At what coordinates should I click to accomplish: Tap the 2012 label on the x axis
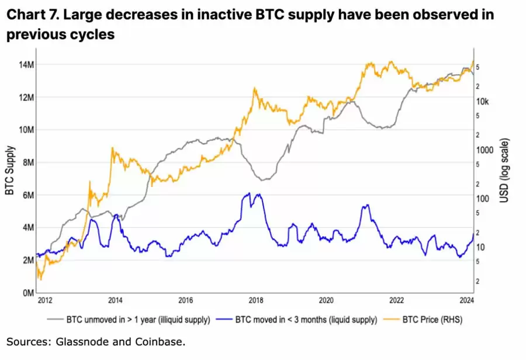[45, 301]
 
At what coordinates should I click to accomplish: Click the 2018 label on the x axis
[255, 301]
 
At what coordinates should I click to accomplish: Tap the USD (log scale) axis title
[504, 171]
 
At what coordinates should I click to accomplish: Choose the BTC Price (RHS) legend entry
[424, 320]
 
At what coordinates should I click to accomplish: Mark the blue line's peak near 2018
[249, 193]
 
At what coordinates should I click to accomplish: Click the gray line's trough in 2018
[264, 179]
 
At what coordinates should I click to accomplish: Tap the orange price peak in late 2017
[255, 88]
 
